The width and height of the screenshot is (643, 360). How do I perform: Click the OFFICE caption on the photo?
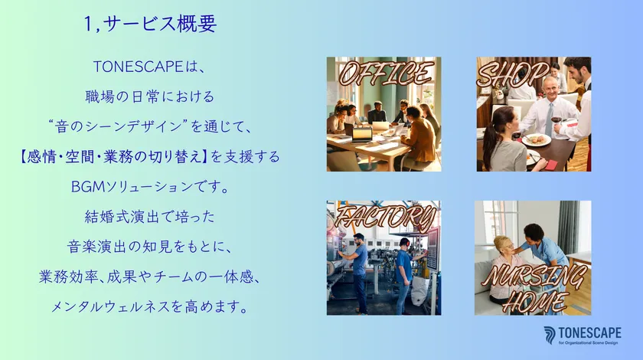pos(385,74)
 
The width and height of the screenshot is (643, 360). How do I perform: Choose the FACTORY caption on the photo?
pos(385,216)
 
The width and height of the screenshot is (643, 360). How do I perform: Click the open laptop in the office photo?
pos(361,133)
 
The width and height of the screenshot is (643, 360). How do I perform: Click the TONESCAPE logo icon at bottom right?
pos(550,335)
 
